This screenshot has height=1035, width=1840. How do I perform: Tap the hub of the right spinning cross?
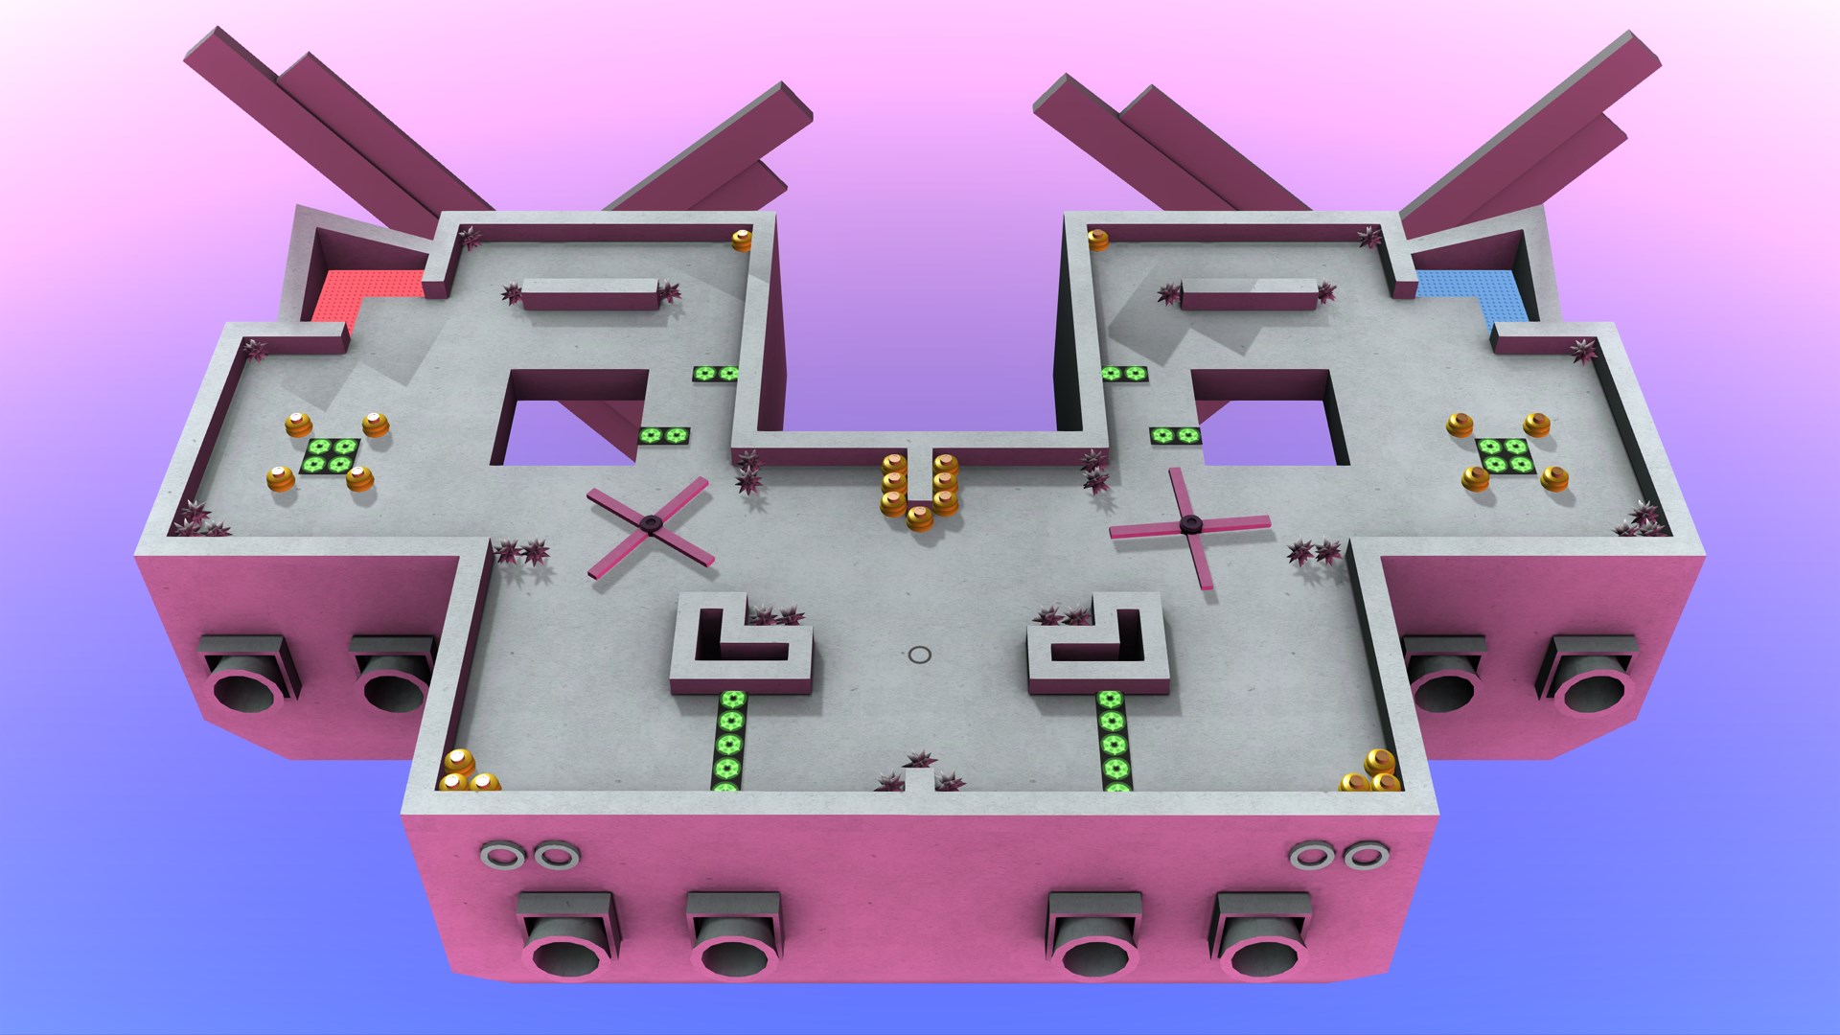[x=1190, y=522]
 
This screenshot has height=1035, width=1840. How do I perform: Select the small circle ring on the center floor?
[x=919, y=655]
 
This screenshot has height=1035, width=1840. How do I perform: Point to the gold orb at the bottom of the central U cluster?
[x=920, y=518]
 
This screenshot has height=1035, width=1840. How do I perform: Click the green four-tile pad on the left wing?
[x=330, y=455]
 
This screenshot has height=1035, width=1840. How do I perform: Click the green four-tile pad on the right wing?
[x=1502, y=455]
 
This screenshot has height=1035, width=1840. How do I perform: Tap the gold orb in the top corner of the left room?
[x=743, y=240]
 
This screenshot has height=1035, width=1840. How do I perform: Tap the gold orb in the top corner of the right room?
[x=1097, y=240]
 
